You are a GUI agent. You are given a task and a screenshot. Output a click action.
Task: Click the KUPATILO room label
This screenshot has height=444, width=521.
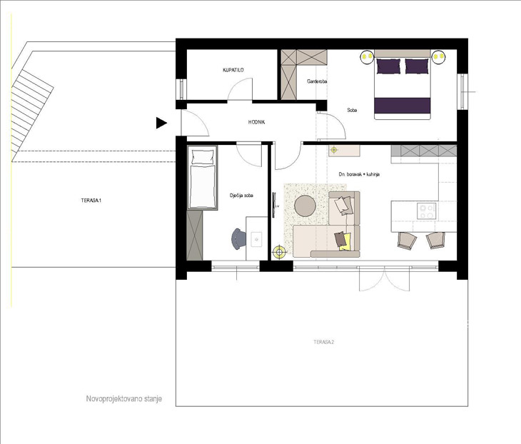pos(233,70)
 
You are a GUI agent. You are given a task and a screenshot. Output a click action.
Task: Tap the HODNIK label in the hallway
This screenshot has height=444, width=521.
pos(256,122)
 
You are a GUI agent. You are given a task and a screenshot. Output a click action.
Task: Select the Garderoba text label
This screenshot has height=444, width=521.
pos(317,81)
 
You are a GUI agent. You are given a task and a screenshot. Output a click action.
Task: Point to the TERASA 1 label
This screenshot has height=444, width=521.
pos(91,201)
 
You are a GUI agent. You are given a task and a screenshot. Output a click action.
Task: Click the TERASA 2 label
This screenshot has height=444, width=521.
pos(323,342)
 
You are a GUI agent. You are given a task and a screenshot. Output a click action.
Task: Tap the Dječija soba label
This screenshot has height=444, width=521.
pos(241,196)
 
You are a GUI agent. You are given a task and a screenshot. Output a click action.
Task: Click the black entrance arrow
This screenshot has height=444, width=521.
pos(161,123)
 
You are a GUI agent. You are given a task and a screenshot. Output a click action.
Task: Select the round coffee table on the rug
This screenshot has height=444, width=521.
pos(305,206)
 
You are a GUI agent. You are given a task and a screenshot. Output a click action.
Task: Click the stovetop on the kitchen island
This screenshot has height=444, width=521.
pos(427,211)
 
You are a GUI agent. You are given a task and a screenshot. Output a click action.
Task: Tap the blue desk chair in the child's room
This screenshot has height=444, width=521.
pos(238,238)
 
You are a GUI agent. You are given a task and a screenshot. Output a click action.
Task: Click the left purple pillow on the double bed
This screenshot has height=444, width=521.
pos(388,66)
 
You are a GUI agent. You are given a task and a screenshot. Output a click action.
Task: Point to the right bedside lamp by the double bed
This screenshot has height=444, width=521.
pos(439,57)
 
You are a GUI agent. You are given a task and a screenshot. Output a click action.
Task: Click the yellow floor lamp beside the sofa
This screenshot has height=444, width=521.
pos(280,252)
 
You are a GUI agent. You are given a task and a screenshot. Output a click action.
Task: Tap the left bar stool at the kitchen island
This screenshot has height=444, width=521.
pos(407,241)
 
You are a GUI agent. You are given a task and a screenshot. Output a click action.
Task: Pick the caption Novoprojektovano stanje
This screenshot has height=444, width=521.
pos(124,398)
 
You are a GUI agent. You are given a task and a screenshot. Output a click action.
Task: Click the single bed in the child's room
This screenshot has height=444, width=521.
pos(203,178)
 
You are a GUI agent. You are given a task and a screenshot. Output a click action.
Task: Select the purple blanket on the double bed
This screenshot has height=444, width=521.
pos(402,106)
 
